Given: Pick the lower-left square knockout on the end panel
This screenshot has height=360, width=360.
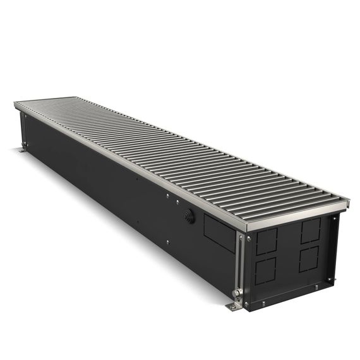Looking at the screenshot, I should [267, 271].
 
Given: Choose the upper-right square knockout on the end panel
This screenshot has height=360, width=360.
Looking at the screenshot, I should [311, 231].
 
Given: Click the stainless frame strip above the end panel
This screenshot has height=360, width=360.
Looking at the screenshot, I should [291, 218].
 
